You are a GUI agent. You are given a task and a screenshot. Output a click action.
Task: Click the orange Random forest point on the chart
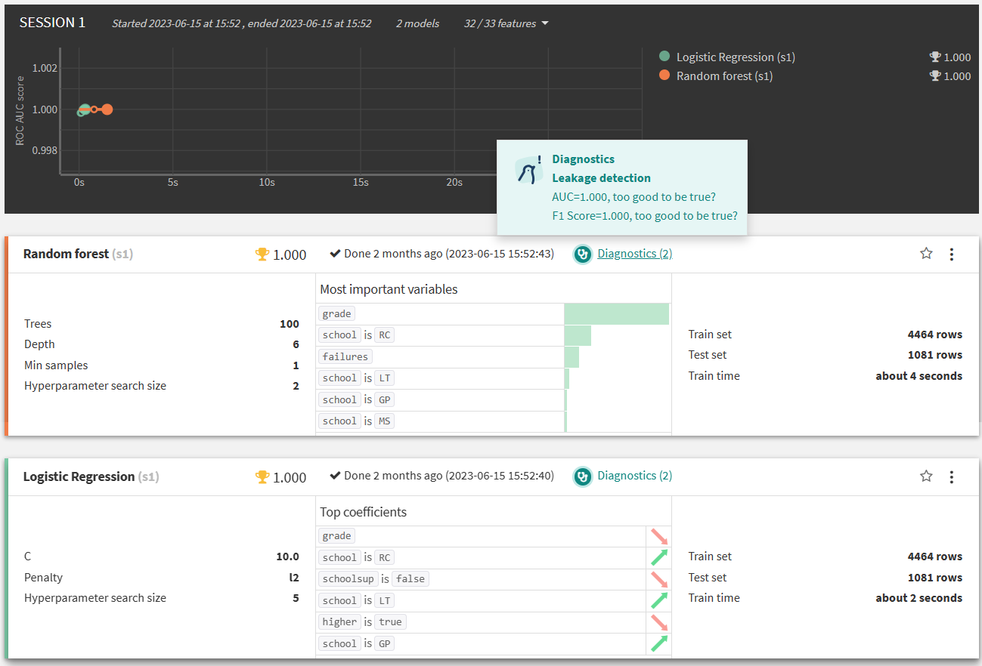107,109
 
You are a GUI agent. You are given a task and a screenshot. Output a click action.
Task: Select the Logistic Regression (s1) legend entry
736,57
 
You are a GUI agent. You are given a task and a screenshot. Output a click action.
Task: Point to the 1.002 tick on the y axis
45,68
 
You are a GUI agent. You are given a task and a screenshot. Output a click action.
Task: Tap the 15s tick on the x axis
361,182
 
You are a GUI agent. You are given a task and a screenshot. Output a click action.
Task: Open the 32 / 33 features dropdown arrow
545,23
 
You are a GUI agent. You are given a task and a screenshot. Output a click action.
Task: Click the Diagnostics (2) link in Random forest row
634,254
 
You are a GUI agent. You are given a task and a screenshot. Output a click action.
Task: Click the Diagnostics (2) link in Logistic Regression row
634,476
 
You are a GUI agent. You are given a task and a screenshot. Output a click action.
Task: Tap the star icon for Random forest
926,254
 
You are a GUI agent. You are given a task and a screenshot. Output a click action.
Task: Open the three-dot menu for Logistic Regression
951,476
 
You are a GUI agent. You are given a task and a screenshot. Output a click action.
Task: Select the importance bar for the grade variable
616,314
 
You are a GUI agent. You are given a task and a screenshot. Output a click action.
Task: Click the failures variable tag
345,356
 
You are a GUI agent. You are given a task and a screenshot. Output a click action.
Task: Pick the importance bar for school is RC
578,335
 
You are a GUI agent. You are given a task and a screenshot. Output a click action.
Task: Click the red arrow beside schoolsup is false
659,579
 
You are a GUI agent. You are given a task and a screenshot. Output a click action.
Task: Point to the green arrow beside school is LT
659,600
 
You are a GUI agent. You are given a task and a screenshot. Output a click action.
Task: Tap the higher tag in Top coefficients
339,621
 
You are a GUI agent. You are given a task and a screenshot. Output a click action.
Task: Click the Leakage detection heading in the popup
601,178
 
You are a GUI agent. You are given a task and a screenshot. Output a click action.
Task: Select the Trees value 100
290,324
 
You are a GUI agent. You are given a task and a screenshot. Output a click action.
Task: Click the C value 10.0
287,557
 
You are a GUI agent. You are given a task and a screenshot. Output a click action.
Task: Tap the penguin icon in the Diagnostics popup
528,171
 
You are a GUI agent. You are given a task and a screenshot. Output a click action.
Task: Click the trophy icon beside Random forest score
262,254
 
